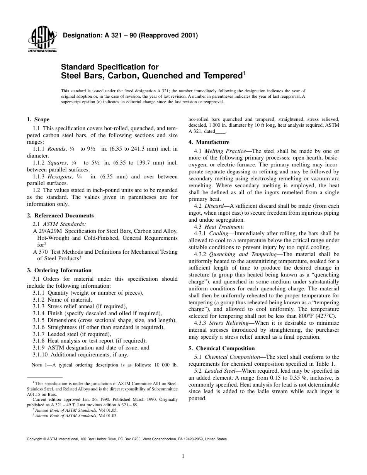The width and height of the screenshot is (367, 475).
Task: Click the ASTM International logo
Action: tap(42, 40)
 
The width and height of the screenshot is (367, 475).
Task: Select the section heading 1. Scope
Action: tap(38, 119)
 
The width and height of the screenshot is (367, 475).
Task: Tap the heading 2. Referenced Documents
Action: tap(60, 215)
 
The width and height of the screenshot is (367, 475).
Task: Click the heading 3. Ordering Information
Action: tap(59, 270)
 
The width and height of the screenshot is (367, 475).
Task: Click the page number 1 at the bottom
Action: tap(183, 456)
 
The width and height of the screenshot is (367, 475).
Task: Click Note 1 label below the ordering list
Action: tap(39, 365)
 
